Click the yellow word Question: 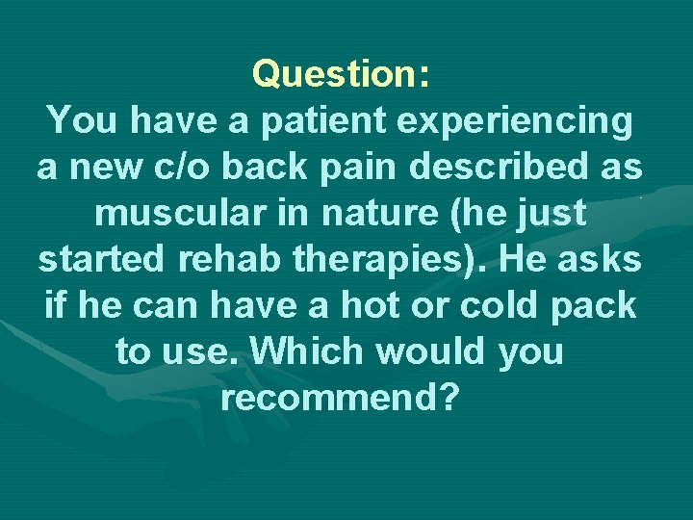(x=340, y=74)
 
